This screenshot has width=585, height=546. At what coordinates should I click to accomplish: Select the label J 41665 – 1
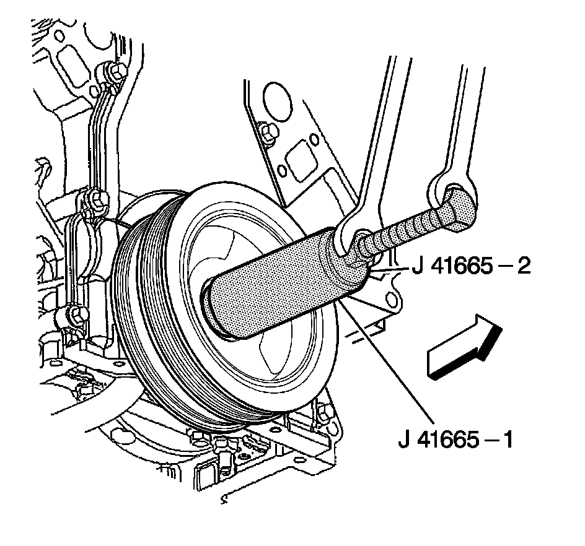(x=455, y=441)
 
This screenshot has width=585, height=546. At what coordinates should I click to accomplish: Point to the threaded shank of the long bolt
(x=403, y=232)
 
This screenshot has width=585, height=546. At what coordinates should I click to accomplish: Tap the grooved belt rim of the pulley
(x=143, y=322)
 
